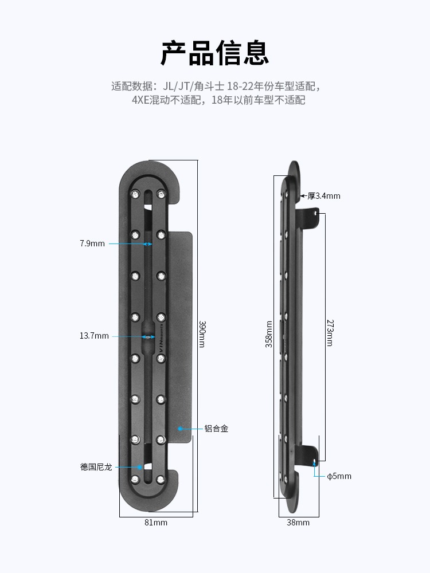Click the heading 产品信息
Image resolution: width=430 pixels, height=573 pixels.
coord(214,54)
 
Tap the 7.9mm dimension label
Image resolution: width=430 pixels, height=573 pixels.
coord(92,244)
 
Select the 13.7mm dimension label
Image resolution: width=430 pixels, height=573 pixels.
coord(94,336)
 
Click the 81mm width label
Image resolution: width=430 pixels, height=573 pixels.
coord(155,522)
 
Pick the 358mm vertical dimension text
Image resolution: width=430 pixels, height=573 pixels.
coord(269,335)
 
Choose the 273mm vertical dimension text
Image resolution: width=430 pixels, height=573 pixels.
coord(330,332)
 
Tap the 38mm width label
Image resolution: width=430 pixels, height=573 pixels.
coord(298,522)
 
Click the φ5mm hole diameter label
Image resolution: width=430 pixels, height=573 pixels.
coord(339,476)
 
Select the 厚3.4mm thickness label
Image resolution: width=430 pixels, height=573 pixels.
coord(324,196)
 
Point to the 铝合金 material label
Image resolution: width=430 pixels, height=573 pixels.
coord(216,428)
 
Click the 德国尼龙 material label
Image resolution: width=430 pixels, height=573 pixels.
coord(96,467)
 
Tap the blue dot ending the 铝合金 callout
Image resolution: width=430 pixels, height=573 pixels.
coord(179,428)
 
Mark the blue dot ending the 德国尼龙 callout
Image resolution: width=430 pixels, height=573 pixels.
coord(138,467)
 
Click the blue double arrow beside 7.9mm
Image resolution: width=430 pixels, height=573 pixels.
coord(147,244)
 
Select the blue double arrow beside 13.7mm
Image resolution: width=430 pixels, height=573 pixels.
coord(148,336)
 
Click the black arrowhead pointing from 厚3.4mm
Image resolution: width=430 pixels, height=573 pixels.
coord(302,196)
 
